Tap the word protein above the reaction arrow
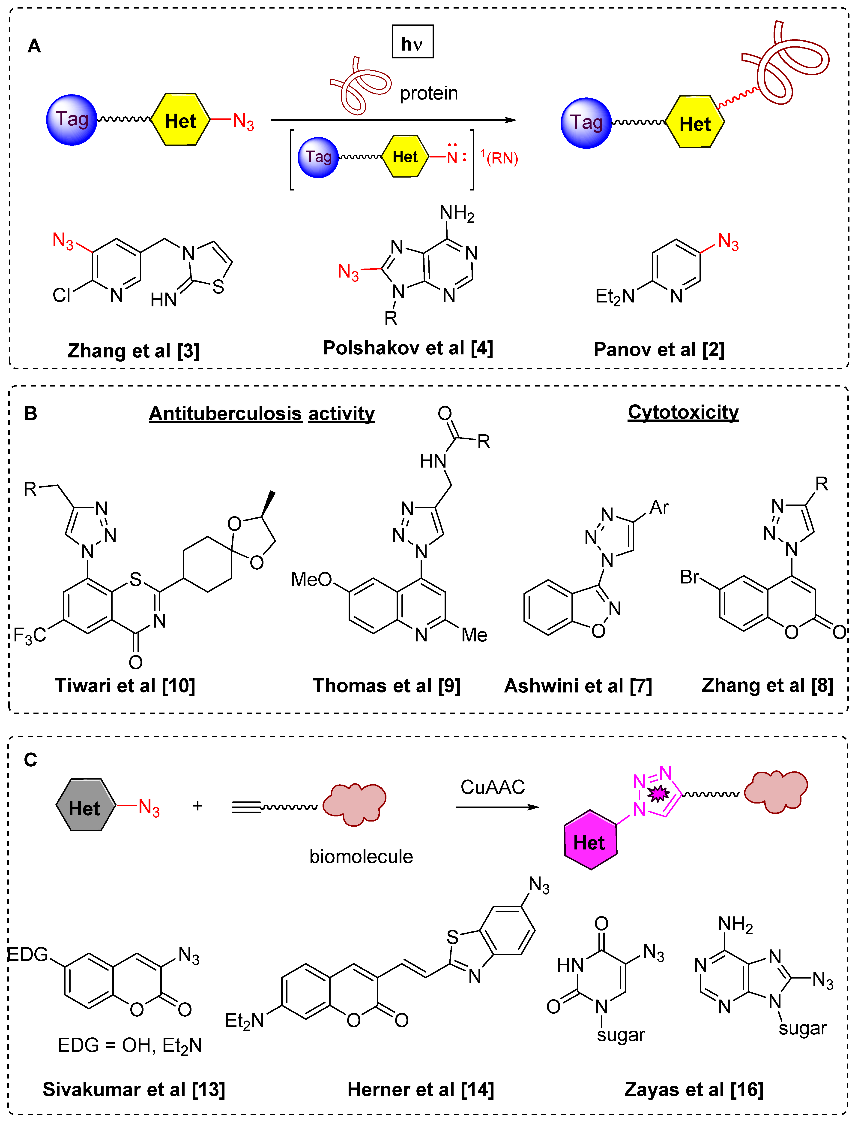click(428, 93)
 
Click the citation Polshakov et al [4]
click(408, 348)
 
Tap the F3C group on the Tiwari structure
click(30, 635)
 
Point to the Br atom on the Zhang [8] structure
click(690, 577)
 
